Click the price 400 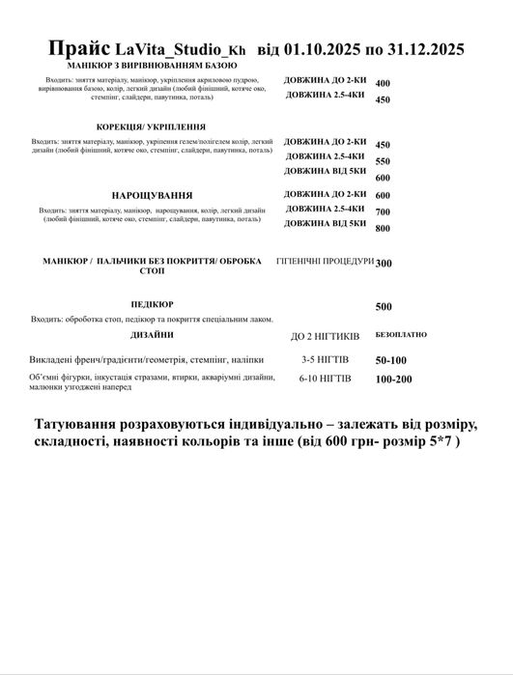pyautogui.click(x=382, y=84)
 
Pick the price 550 pyautogui.click(x=382, y=161)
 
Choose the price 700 pyautogui.click(x=382, y=211)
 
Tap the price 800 pyautogui.click(x=382, y=228)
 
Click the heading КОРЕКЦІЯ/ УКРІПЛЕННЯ pyautogui.click(x=151, y=127)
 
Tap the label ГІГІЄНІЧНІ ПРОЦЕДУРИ pyautogui.click(x=325, y=262)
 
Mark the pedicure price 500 pyautogui.click(x=383, y=306)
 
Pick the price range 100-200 pyautogui.click(x=393, y=380)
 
